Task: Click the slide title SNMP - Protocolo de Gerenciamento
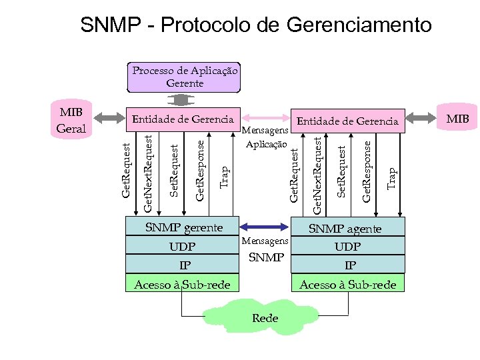pos(256,25)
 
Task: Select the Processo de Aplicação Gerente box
pos(184,77)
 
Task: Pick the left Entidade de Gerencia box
pos(183,119)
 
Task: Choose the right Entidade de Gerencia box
pos(347,121)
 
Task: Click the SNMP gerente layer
pos(183,227)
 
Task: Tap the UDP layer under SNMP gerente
pos(183,247)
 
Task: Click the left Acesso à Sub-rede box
pos(182,285)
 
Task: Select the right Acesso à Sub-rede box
pos(347,285)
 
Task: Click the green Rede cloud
pos(265,318)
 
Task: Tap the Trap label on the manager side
pos(225,177)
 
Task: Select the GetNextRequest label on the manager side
pos(148,171)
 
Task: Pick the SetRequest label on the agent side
pos(341,171)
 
